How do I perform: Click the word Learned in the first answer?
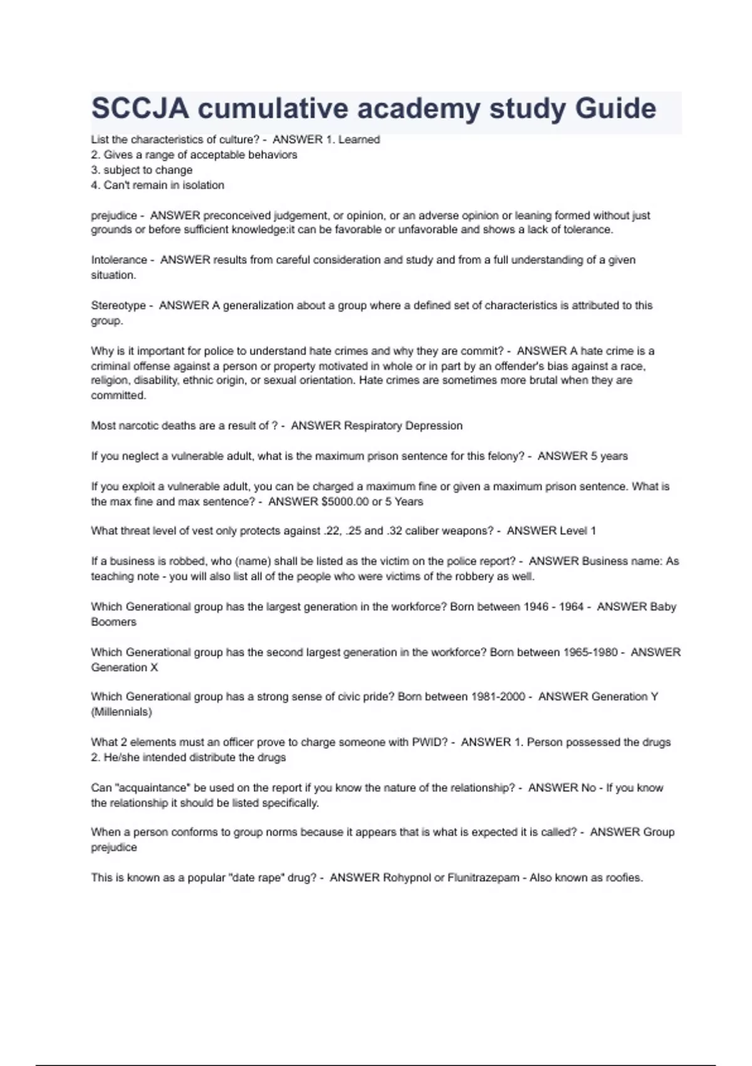359,139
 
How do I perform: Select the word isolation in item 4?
203,185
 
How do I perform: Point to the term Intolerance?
119,260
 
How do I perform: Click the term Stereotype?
118,305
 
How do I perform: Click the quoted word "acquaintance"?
151,788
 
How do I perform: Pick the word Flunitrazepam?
483,878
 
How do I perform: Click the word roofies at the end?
624,878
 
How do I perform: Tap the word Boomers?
113,622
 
